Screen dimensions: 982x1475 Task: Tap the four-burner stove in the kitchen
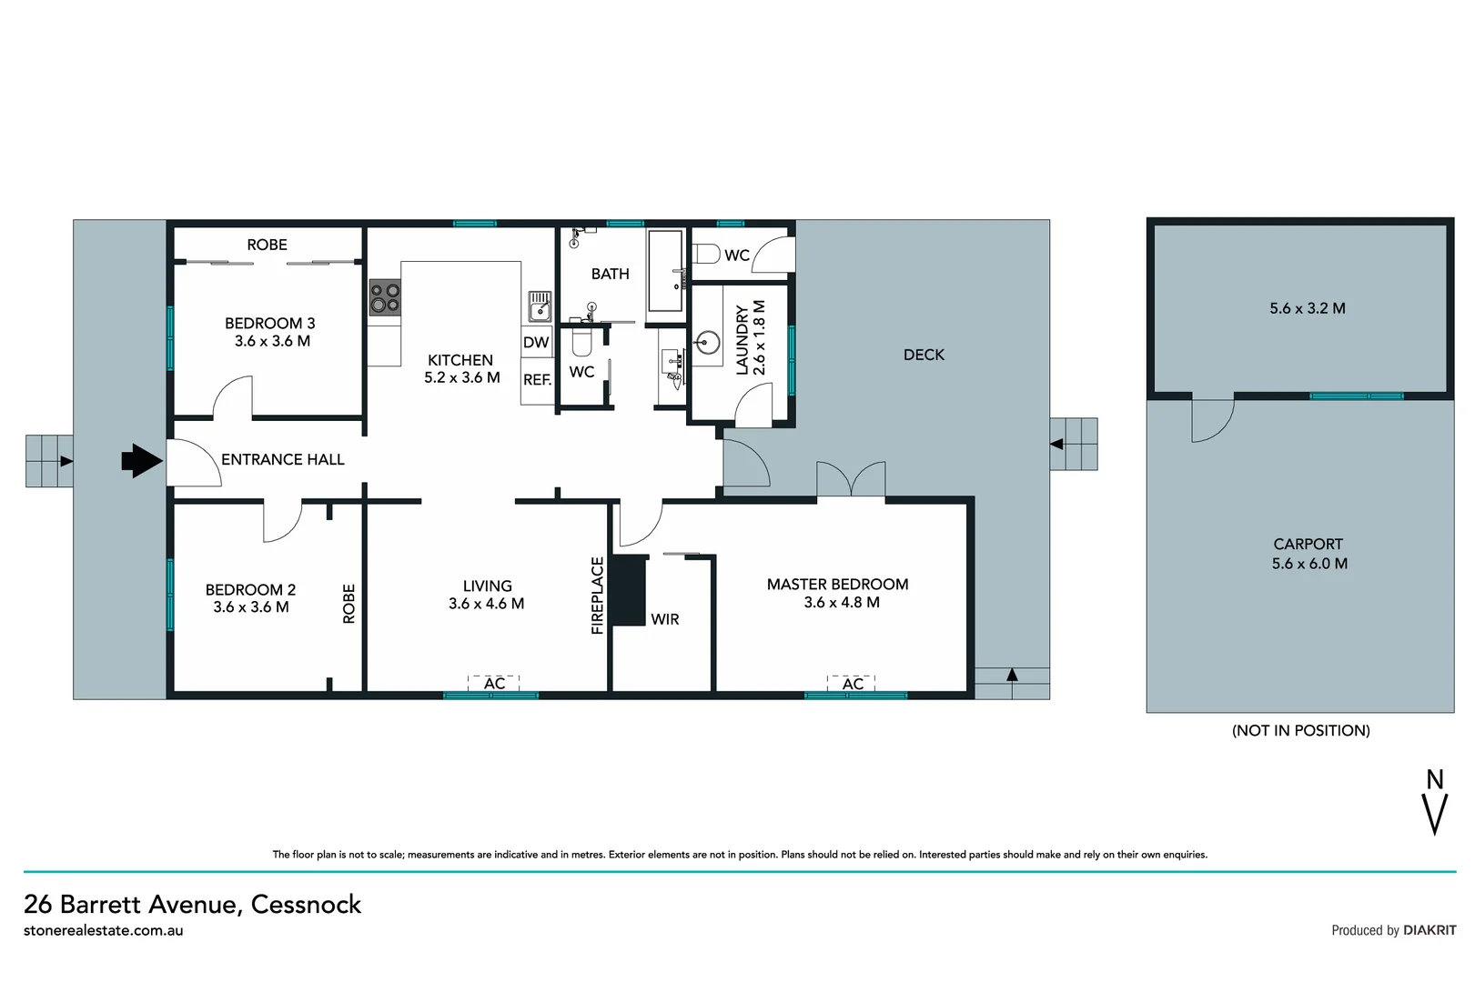pyautogui.click(x=385, y=298)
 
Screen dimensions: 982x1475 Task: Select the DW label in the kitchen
pyautogui.click(x=536, y=342)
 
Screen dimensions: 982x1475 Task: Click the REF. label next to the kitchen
pyautogui.click(x=537, y=380)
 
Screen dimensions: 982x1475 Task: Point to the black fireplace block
pyautogui.click(x=627, y=590)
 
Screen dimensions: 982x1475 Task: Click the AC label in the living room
pyautogui.click(x=494, y=684)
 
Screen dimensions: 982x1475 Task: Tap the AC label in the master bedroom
pyautogui.click(x=853, y=684)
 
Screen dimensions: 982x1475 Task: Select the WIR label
pyautogui.click(x=665, y=619)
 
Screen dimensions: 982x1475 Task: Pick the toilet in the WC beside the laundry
pyautogui.click(x=706, y=254)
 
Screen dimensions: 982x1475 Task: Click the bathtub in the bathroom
pyautogui.click(x=665, y=270)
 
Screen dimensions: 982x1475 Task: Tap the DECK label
pyautogui.click(x=924, y=355)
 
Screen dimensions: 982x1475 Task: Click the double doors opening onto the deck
pyautogui.click(x=851, y=479)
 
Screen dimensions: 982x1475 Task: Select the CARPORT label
pyautogui.click(x=1308, y=544)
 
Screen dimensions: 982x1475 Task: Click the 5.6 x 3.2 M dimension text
pyautogui.click(x=1307, y=308)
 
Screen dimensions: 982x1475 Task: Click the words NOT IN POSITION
pyautogui.click(x=1300, y=730)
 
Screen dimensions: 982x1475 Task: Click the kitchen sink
pyautogui.click(x=540, y=306)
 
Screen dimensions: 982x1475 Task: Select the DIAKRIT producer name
pyautogui.click(x=1430, y=930)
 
